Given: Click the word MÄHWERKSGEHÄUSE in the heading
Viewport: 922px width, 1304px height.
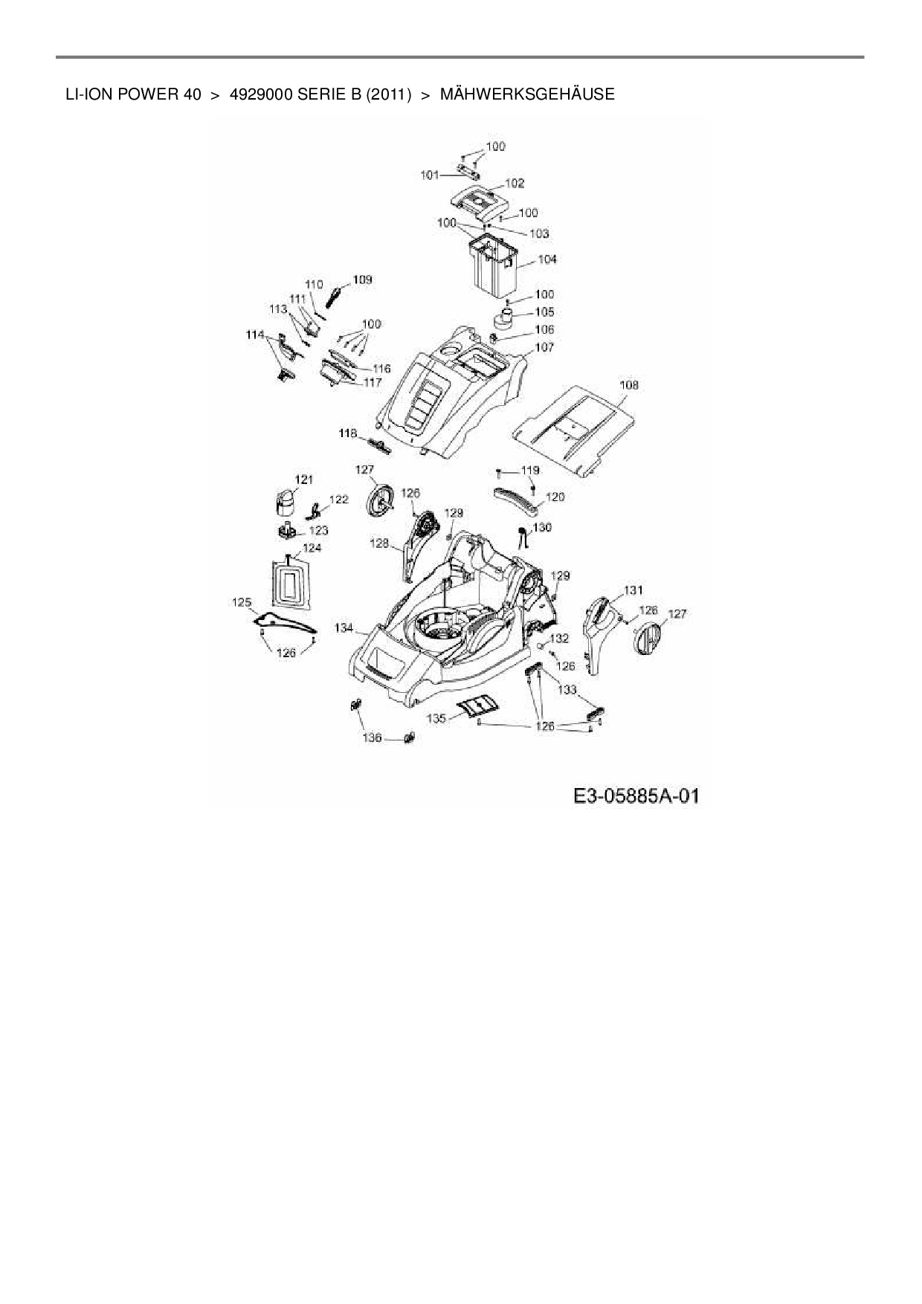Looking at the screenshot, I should (x=527, y=94).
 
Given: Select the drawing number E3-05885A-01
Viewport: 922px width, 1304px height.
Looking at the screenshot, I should (x=636, y=797).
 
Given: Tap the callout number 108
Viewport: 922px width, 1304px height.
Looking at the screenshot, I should (x=628, y=385).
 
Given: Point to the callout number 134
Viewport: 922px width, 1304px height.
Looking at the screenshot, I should (x=344, y=628).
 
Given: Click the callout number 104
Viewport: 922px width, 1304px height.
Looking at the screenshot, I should (x=547, y=259).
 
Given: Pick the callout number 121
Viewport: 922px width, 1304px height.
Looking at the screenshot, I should (x=304, y=480).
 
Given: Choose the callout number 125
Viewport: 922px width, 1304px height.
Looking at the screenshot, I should (x=242, y=602).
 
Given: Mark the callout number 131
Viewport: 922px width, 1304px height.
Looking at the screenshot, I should (x=633, y=590).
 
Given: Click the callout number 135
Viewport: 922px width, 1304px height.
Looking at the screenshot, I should (x=436, y=718).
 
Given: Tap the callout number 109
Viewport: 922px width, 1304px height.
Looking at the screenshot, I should (x=363, y=280).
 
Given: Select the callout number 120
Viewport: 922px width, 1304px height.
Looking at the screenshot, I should (x=555, y=497).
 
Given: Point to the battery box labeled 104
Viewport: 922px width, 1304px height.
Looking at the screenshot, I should (x=491, y=268).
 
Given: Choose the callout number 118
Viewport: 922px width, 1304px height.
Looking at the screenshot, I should (x=348, y=433).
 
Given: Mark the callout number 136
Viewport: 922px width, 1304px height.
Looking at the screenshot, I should (x=372, y=737).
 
